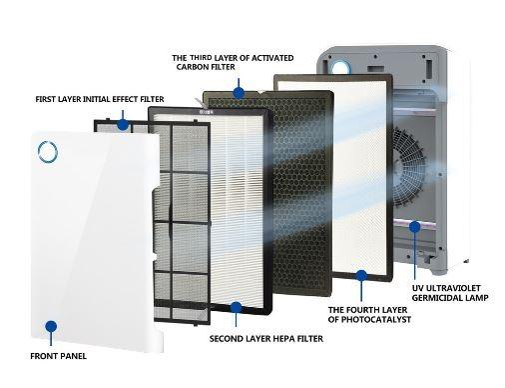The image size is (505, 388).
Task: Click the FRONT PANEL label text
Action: click(x=58, y=356)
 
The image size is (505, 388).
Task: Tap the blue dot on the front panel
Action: click(x=51, y=327)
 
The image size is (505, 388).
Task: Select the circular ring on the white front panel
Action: click(x=48, y=152)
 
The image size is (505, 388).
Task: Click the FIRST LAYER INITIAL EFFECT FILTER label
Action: click(x=100, y=99)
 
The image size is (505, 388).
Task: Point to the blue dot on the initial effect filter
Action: click(x=123, y=125)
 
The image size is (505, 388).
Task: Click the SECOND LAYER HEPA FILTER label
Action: click(x=266, y=339)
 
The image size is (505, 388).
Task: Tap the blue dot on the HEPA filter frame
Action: click(x=236, y=307)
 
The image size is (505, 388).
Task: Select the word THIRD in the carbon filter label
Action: click(x=201, y=58)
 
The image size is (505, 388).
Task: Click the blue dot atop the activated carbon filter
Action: click(x=239, y=93)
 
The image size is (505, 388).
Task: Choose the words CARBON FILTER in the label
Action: click(x=206, y=67)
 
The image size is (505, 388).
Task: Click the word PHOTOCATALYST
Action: click(x=376, y=319)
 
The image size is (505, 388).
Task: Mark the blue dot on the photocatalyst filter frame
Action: click(x=361, y=276)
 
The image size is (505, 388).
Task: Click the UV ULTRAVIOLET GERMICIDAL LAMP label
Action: click(x=450, y=293)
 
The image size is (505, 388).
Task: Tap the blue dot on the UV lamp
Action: click(x=414, y=227)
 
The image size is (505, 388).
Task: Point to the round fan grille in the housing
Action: click(x=408, y=168)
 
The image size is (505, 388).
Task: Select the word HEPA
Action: click(x=283, y=339)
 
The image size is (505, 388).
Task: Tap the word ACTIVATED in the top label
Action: click(x=272, y=58)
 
